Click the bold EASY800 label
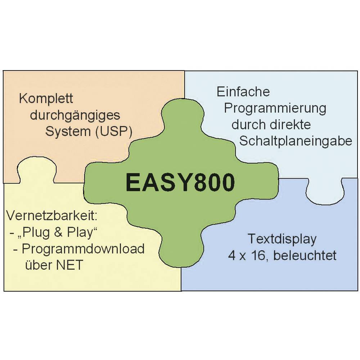click(180, 183)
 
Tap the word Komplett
click(46, 99)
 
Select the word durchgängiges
click(75, 116)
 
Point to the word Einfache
click(243, 91)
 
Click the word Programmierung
click(275, 109)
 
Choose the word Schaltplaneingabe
click(296, 141)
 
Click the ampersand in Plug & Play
click(58, 232)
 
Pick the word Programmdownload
click(83, 249)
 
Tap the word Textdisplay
click(282, 239)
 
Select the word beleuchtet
click(305, 256)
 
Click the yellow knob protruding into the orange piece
click(37, 170)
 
